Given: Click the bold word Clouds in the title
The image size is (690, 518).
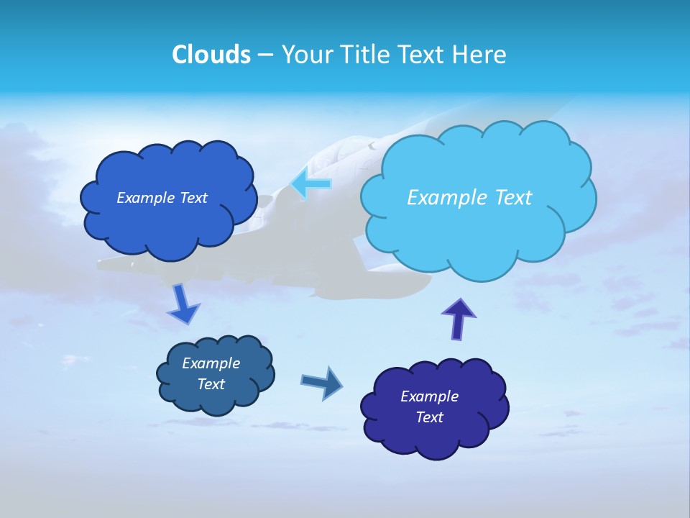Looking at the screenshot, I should tap(211, 55).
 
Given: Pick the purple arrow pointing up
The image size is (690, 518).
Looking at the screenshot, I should tap(458, 319).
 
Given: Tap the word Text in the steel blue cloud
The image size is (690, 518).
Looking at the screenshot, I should tap(211, 384).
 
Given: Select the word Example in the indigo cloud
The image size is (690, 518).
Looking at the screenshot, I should tap(429, 396).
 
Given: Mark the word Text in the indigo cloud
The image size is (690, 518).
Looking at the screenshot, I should tap(429, 417).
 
